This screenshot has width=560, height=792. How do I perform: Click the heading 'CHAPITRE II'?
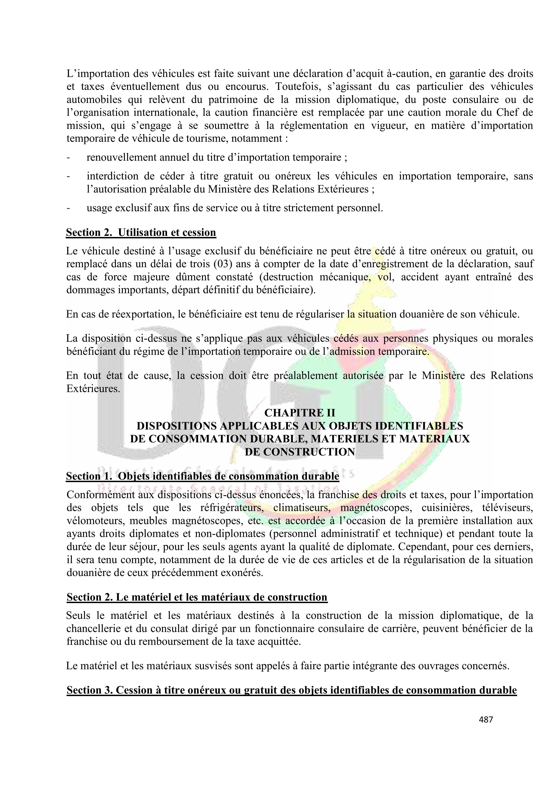point(300,413)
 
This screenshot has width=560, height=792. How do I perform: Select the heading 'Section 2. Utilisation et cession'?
point(141,232)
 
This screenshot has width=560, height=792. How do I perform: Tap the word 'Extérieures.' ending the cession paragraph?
point(93,389)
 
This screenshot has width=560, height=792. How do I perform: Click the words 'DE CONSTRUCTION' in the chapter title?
point(300,452)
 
